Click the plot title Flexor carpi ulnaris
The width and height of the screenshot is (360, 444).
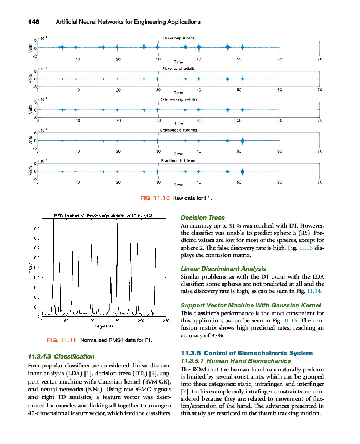pos(178,37)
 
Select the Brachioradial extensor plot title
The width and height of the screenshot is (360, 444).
pos(178,129)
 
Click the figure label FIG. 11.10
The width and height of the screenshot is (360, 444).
pos(157,198)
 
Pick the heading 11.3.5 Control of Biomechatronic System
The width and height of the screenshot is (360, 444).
pos(247,353)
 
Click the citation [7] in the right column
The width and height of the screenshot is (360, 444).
pos(187,391)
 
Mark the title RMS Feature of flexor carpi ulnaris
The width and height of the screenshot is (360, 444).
pos(100,215)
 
